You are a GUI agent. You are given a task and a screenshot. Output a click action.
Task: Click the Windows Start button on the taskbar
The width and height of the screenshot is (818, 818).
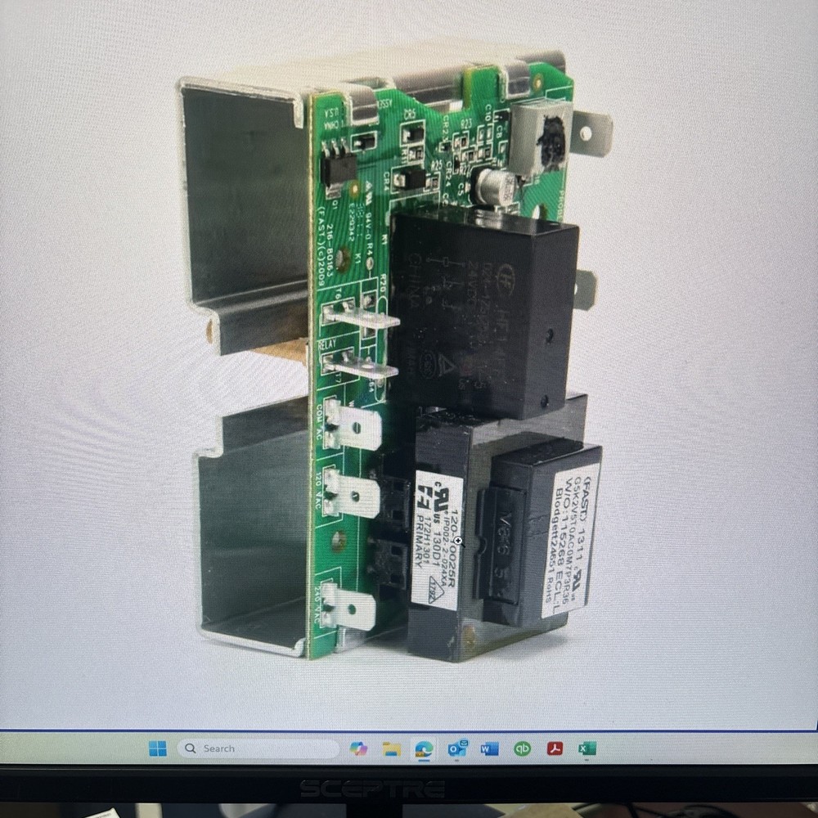click(x=158, y=748)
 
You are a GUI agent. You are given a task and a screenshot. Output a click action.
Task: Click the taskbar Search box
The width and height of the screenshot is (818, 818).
click(x=258, y=748)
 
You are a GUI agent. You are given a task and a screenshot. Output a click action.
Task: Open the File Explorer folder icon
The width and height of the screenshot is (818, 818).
click(x=391, y=748)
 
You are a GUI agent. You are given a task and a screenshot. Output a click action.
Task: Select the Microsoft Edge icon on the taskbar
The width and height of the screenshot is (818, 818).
click(x=424, y=748)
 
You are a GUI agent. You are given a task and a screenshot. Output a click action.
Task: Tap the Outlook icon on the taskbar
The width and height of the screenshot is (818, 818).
click(x=456, y=748)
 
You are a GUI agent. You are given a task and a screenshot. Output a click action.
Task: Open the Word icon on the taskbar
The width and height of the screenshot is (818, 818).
click(x=489, y=748)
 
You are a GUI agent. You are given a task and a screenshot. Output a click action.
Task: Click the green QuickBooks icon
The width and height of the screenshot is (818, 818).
click(x=522, y=748)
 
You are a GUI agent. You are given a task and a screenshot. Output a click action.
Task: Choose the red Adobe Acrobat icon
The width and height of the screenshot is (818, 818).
click(x=555, y=748)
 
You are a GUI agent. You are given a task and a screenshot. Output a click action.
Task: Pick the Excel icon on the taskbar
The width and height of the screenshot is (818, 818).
click(x=587, y=748)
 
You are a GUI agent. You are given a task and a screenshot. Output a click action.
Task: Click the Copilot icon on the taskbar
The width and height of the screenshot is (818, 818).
click(x=358, y=748)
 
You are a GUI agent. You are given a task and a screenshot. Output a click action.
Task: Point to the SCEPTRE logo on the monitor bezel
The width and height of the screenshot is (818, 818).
click(x=372, y=789)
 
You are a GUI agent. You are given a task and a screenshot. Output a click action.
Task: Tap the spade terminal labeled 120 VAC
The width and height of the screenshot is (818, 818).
click(x=353, y=494)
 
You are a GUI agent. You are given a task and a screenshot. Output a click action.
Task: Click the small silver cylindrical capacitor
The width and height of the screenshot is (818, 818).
click(x=495, y=187)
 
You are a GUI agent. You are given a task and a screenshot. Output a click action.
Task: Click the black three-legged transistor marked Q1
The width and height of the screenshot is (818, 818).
click(x=338, y=168)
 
